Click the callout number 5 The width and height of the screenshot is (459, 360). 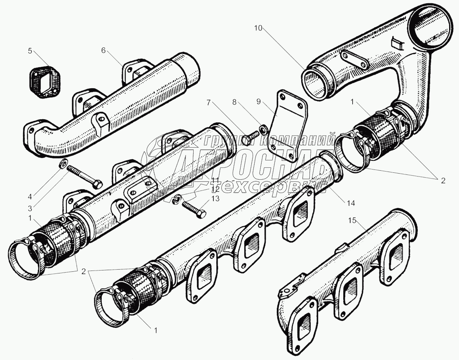pos(30,51)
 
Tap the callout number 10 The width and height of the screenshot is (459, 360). pos(258,28)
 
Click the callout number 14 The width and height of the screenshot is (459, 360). pos(351,203)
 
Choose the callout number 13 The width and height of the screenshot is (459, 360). pos(215,198)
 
